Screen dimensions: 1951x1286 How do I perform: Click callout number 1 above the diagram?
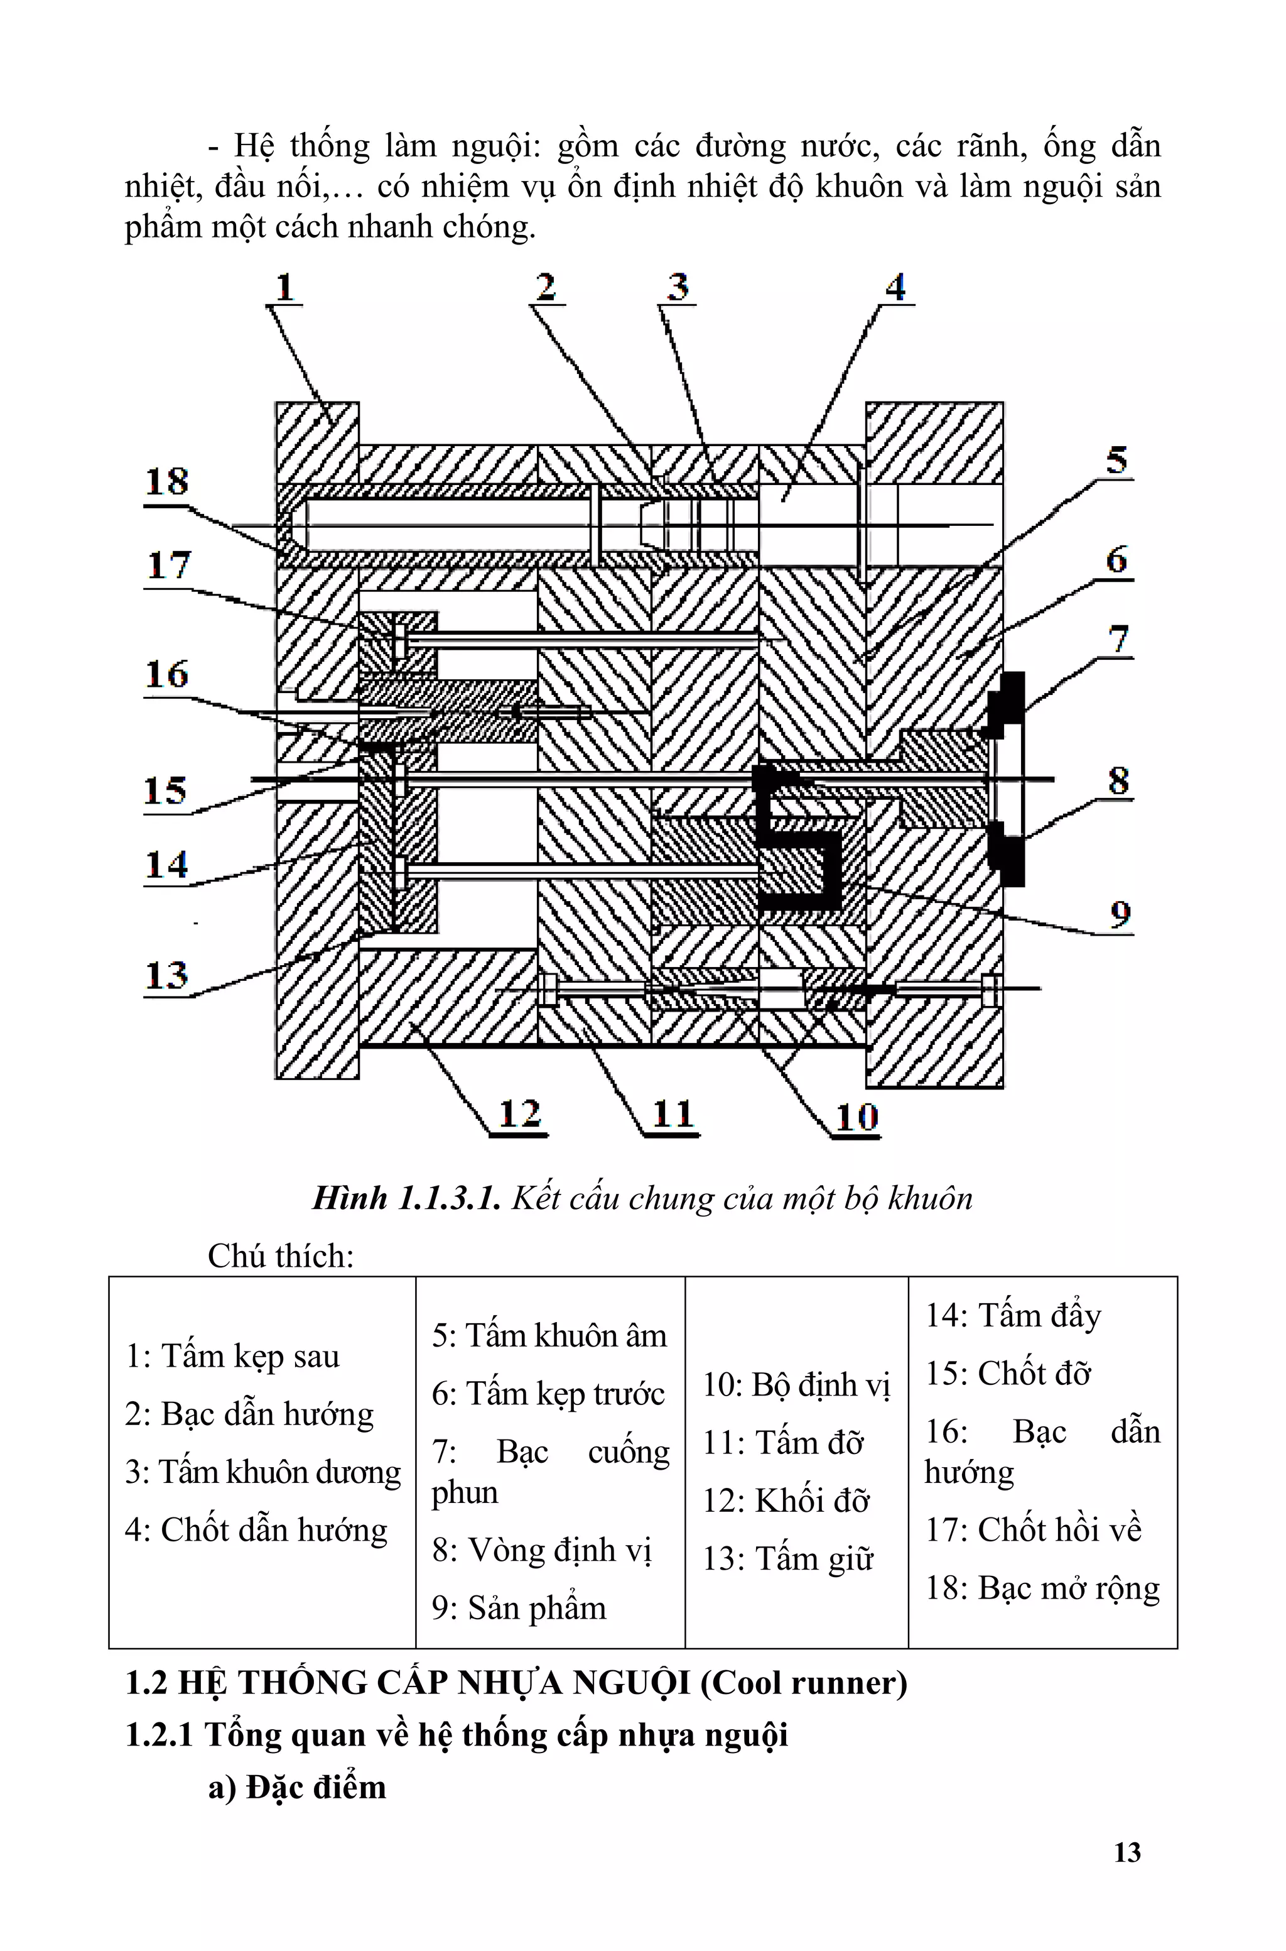(284, 287)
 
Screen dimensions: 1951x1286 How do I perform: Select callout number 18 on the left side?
(167, 481)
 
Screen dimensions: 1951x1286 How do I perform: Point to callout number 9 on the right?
(1120, 912)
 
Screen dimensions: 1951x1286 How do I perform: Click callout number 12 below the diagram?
(520, 1113)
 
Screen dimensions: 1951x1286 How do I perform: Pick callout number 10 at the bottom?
(857, 1116)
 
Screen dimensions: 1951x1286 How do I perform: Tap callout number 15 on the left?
(166, 790)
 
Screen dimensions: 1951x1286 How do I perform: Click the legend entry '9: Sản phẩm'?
(519, 1608)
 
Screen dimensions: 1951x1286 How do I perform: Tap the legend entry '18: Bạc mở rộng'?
(1042, 1588)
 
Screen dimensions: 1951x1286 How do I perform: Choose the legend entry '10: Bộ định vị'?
(796, 1385)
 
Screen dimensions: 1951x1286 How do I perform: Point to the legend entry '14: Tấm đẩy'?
(1013, 1315)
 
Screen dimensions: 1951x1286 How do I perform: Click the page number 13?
(1127, 1852)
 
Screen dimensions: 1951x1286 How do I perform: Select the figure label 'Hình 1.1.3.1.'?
(406, 1199)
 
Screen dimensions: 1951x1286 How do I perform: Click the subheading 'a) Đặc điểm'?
(297, 1787)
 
